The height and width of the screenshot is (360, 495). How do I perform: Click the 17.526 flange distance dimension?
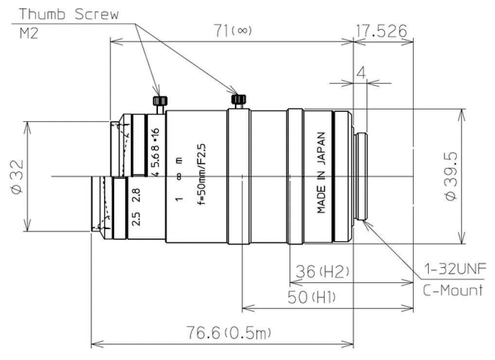point(382,32)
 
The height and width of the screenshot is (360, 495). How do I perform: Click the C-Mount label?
point(453,290)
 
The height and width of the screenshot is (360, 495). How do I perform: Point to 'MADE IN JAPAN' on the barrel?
point(321,173)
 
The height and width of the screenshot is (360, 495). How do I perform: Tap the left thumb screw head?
point(160,101)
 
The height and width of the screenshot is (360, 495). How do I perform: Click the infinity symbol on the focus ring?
point(178,177)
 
